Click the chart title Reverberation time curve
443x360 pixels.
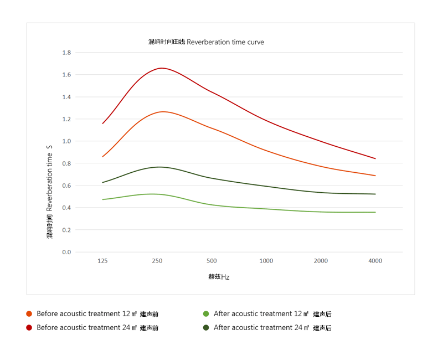206,42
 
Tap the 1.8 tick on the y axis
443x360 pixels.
66,53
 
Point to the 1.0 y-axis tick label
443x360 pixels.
66,141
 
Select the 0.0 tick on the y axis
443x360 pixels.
66,252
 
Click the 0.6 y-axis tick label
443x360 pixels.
66,186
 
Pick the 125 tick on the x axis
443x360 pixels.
102,261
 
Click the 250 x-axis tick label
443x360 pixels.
157,261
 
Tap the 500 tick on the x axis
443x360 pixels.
212,261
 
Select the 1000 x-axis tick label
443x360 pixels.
266,261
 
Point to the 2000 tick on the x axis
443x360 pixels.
321,261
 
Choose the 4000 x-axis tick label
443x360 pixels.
375,261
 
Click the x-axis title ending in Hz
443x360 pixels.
219,277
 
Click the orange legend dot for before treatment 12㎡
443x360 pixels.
29,314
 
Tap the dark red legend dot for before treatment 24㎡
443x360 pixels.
29,328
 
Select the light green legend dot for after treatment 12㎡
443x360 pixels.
206,314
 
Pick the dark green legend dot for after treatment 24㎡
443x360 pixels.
206,328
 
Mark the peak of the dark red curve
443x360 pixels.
162,68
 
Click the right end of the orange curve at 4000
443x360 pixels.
375,176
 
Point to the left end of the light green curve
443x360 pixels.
102,199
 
